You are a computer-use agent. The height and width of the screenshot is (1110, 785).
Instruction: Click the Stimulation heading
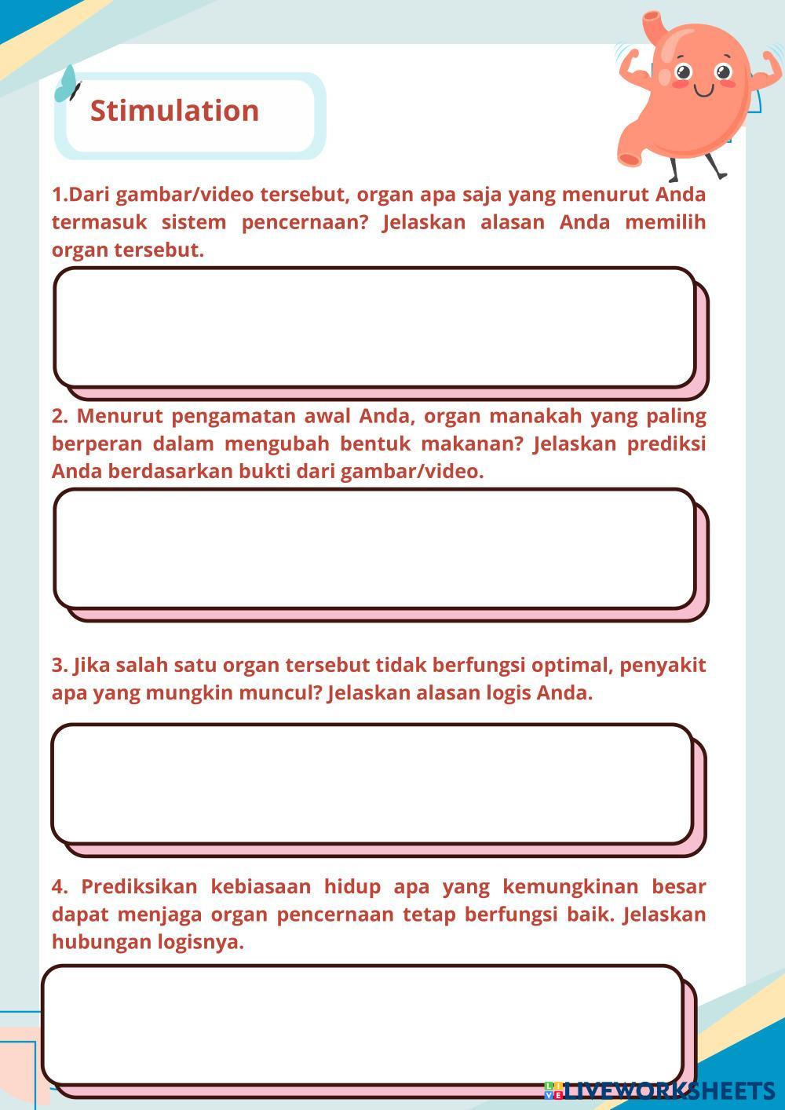[x=174, y=111]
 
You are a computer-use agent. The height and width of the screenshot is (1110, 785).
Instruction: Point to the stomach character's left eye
[x=683, y=73]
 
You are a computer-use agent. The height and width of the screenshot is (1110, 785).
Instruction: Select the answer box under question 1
[x=374, y=327]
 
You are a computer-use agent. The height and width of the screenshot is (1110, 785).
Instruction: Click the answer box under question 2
[x=374, y=549]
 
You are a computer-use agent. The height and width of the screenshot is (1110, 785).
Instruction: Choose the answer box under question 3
[x=372, y=783]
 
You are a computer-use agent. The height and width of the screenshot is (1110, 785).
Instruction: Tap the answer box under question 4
[x=363, y=1024]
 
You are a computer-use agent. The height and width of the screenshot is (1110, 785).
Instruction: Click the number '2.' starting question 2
[x=60, y=415]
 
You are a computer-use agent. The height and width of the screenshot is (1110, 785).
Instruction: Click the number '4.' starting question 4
[x=60, y=886]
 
